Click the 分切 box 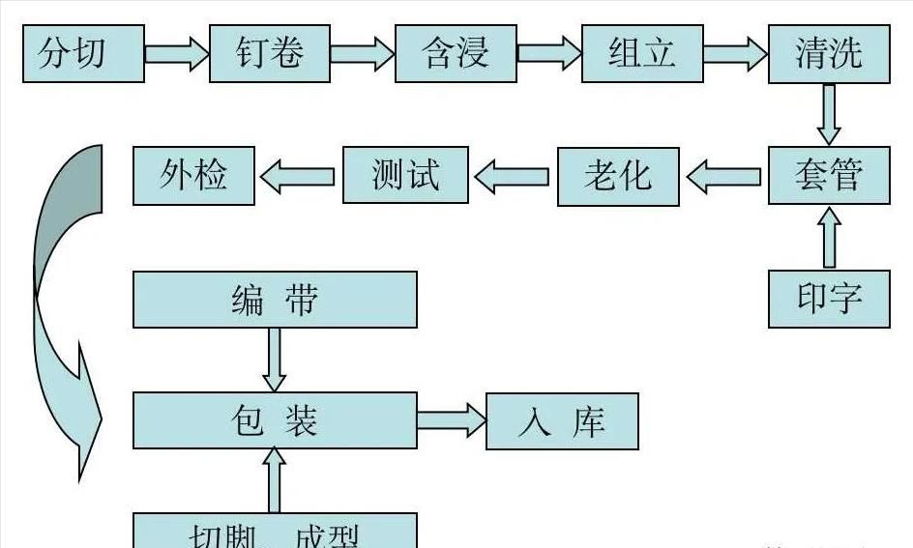[x=83, y=52]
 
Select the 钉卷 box [x=269, y=52]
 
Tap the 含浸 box [x=456, y=52]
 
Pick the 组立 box [x=641, y=52]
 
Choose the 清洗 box [x=829, y=52]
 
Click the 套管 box [x=829, y=175]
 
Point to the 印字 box [x=829, y=299]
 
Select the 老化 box [x=619, y=176]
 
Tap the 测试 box [x=405, y=175]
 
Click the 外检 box [x=193, y=175]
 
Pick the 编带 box [x=275, y=300]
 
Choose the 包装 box [x=275, y=420]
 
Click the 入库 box [x=562, y=421]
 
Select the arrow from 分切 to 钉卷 [x=176, y=52]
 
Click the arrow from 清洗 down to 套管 [x=829, y=114]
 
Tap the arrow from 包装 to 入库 [x=451, y=420]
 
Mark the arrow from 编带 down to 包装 [x=275, y=360]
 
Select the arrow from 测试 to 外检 [x=298, y=176]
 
